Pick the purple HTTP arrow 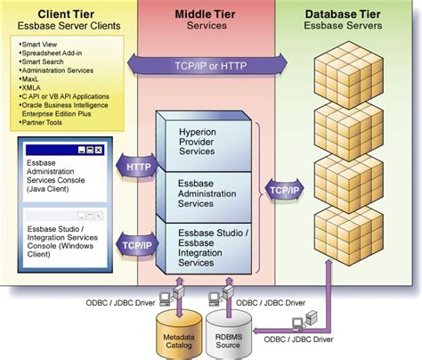pyautogui.click(x=138, y=166)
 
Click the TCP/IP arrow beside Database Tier pyautogui.click(x=283, y=189)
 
